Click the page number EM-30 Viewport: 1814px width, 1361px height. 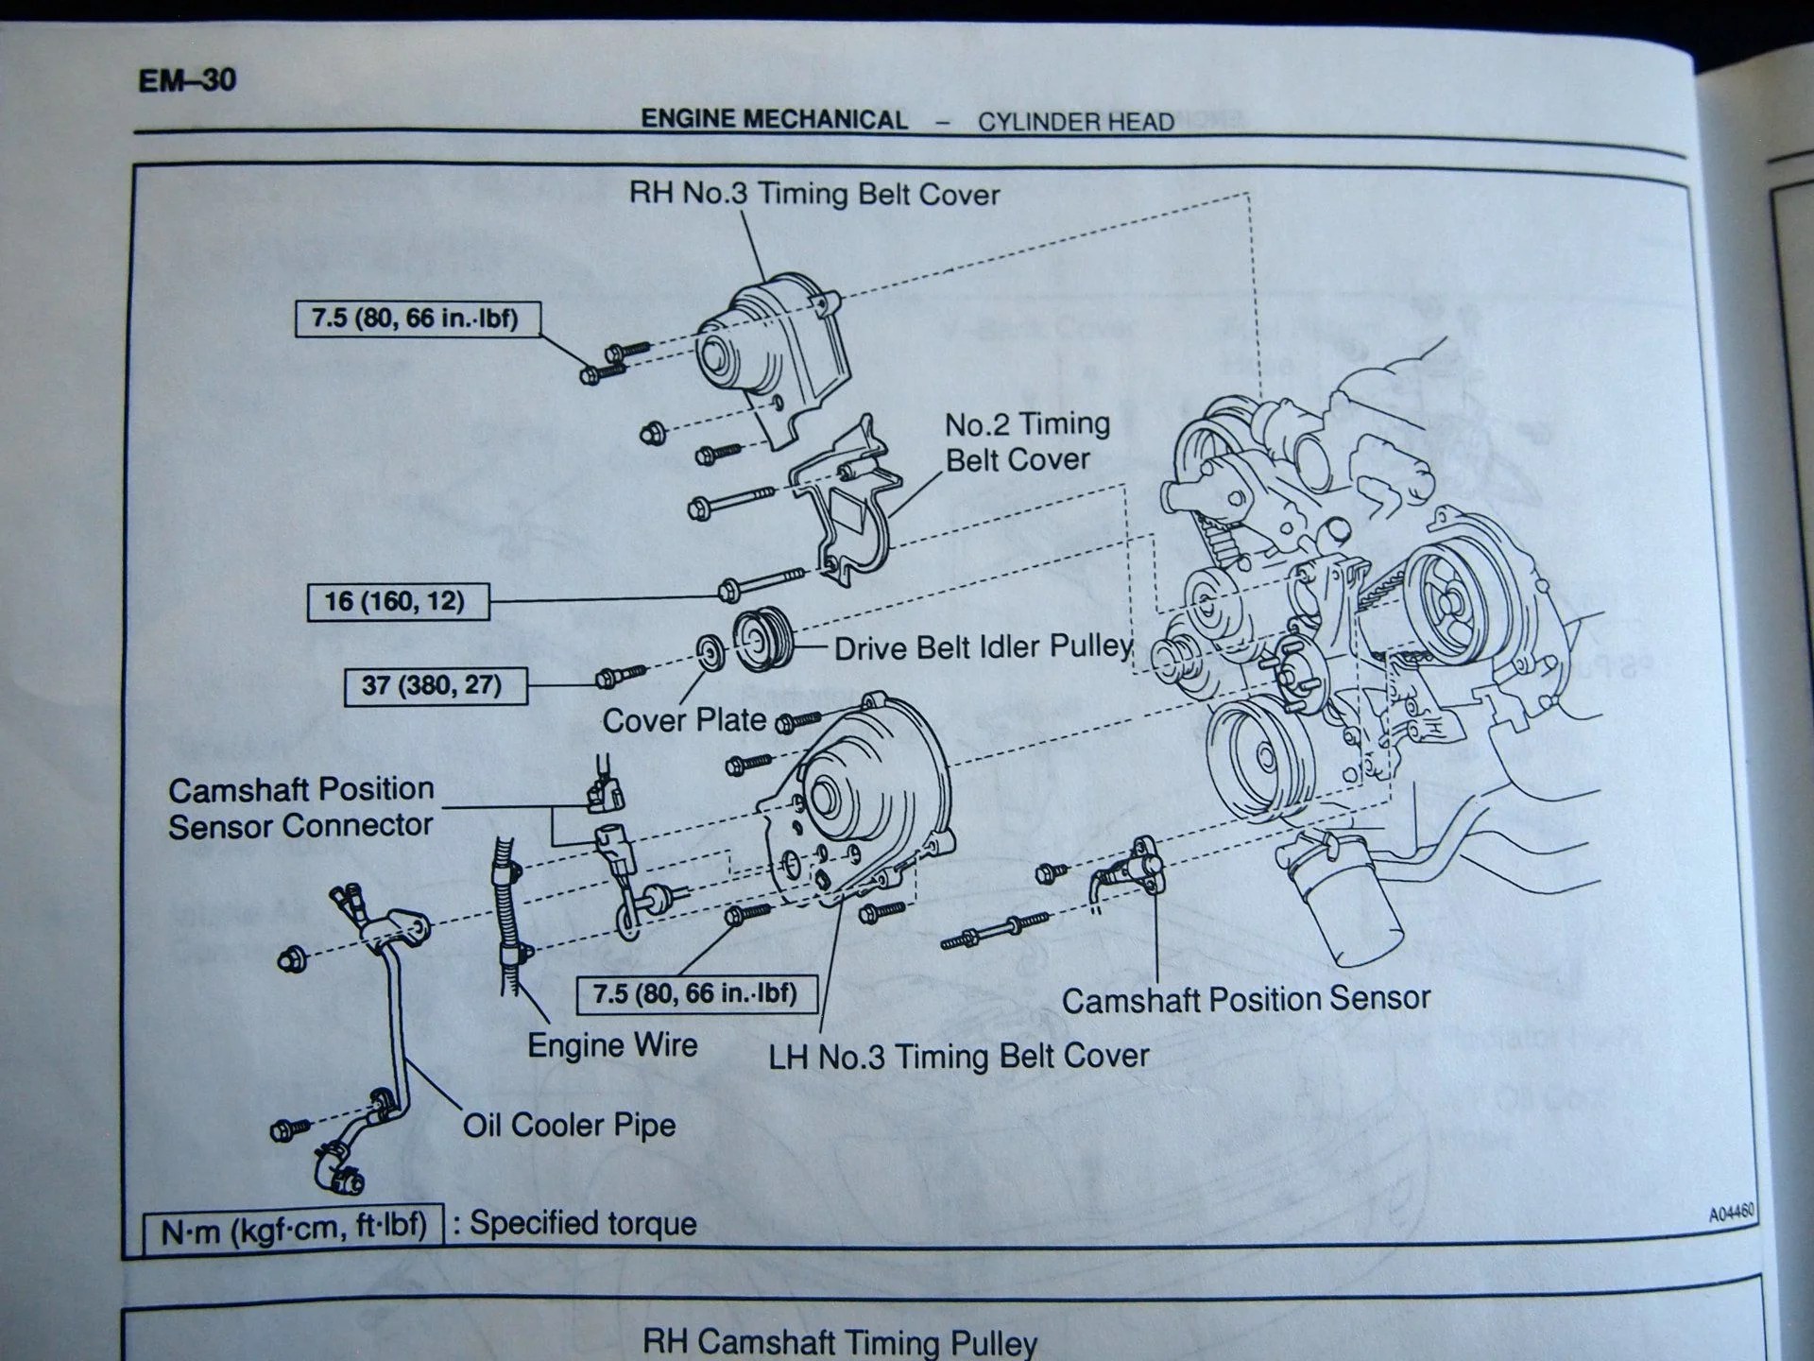(186, 80)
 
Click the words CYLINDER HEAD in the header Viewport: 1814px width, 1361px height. (1075, 122)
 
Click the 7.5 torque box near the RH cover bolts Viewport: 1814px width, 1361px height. (417, 319)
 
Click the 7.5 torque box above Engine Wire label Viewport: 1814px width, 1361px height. (696, 994)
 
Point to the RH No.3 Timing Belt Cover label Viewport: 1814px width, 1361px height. (813, 194)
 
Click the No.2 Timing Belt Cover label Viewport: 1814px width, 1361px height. (1026, 441)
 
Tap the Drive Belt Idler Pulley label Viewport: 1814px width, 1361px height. (983, 647)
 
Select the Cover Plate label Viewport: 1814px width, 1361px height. (684, 720)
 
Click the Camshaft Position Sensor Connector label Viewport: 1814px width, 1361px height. (300, 807)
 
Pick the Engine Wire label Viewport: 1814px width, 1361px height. (612, 1045)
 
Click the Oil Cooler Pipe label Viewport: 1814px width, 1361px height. (569, 1125)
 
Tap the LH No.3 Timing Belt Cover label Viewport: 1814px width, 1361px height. (958, 1056)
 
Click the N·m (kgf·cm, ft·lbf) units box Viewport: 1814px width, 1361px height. (293, 1230)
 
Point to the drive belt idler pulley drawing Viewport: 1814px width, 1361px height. (763, 639)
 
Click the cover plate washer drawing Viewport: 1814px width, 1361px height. (710, 652)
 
